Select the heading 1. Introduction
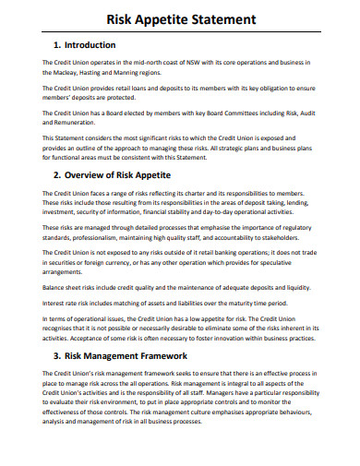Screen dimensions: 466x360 click(x=84, y=44)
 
